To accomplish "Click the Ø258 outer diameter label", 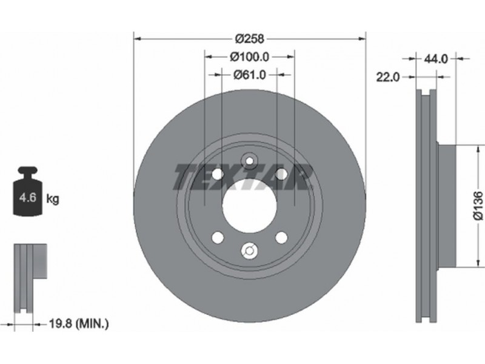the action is tap(250, 39).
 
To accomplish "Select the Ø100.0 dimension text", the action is tap(250, 56).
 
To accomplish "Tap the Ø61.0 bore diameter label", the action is tap(249, 75).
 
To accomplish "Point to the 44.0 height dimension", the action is tap(435, 58).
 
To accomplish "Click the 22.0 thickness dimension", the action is tap(388, 77).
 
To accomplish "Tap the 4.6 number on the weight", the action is tap(27, 197).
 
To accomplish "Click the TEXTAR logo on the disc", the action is tap(243, 177).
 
